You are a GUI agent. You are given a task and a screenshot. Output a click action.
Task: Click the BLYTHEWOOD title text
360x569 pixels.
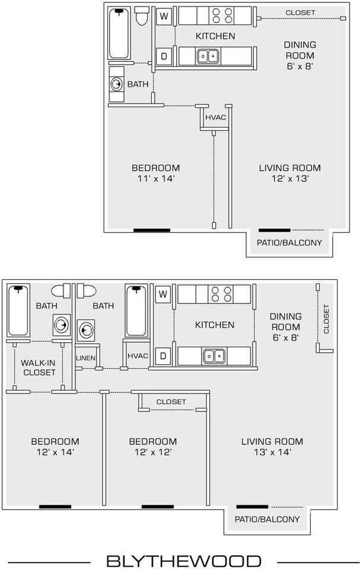click(183, 561)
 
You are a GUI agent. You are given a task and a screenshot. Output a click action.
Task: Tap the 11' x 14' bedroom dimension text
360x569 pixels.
click(155, 178)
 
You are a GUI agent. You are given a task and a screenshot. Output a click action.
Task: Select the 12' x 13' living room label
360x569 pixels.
click(289, 178)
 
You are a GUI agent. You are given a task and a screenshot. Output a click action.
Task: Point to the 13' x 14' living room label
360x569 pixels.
click(272, 452)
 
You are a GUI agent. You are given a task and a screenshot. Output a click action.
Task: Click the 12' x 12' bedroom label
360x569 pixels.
click(153, 452)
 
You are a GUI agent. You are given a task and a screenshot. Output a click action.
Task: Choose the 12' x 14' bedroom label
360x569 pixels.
click(55, 452)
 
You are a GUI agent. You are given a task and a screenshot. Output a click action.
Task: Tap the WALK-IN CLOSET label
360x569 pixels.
click(38, 367)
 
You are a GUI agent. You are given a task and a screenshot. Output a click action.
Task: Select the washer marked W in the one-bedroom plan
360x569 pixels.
click(164, 17)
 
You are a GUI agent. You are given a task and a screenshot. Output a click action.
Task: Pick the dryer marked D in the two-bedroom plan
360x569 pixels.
click(162, 356)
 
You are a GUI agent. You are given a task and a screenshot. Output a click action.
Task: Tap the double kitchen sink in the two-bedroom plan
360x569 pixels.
click(214, 356)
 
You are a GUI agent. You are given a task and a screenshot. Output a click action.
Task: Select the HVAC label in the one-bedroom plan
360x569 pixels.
click(215, 117)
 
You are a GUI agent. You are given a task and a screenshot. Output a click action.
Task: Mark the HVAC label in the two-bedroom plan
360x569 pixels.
click(137, 356)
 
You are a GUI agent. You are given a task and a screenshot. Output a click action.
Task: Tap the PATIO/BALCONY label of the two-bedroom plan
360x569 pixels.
click(266, 519)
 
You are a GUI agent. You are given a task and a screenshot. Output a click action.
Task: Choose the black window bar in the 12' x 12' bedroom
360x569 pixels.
click(157, 507)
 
